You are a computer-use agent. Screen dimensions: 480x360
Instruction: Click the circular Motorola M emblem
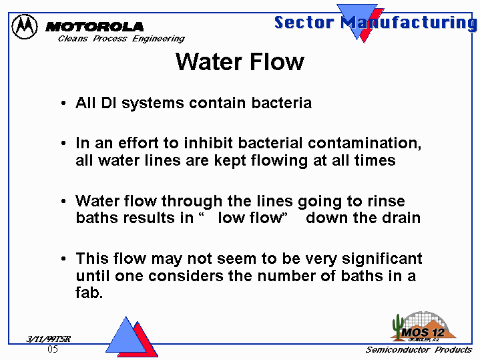coord(25,27)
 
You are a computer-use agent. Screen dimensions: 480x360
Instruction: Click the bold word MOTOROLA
coord(94,27)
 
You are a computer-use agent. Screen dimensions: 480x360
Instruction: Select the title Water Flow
coord(240,62)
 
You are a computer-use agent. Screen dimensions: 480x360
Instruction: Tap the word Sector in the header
coord(304,23)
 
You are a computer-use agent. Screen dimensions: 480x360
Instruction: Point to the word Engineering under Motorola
coord(158,39)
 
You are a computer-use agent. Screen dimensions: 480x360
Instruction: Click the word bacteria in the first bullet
coord(282,103)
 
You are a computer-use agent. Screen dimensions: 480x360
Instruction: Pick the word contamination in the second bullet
coord(365,143)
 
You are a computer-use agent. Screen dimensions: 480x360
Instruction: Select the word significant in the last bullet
coord(382,259)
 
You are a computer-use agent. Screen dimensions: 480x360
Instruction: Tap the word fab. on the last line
coord(89,293)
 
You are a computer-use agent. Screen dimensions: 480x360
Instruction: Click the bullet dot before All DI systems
coord(63,104)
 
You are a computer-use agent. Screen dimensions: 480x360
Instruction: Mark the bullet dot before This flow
coord(63,259)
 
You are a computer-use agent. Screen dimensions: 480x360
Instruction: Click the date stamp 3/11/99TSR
coord(48,339)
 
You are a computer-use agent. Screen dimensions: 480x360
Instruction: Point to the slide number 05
coord(53,349)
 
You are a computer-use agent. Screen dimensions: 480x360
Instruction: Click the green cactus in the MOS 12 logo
coord(398,327)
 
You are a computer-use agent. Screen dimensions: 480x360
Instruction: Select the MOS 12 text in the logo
coord(423,333)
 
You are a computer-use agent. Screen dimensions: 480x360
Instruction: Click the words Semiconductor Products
coord(419,349)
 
